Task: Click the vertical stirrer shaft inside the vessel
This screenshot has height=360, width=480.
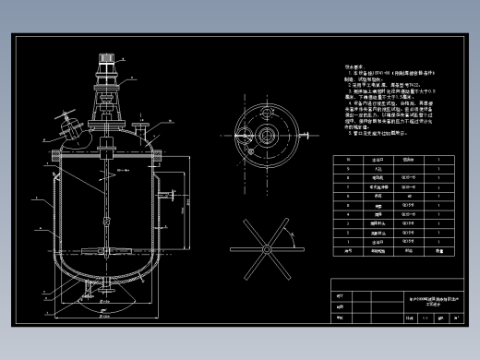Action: tap(108, 198)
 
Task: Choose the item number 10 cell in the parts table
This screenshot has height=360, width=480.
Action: tap(348, 161)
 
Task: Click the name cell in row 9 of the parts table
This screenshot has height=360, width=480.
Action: tap(377, 170)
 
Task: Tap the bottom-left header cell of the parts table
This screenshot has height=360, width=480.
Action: tap(348, 250)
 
